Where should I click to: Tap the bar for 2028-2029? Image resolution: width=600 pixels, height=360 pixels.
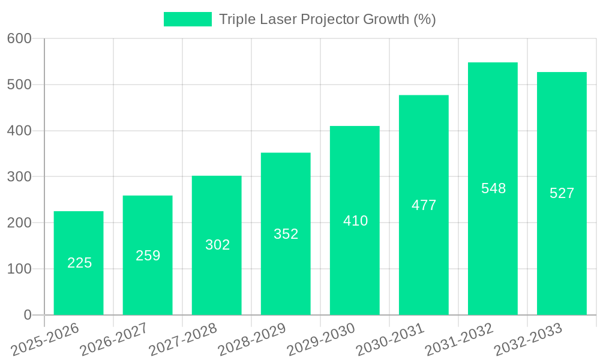point(286,234)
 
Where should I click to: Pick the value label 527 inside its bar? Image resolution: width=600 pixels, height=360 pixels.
point(562,193)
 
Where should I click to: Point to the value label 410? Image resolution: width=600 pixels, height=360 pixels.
point(355,221)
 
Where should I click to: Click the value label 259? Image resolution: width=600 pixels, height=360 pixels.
point(148,256)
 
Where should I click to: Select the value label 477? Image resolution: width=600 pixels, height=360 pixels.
point(424,205)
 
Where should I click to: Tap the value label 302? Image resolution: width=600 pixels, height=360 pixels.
point(217,245)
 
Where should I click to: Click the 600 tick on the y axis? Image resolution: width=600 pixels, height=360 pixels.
point(19,38)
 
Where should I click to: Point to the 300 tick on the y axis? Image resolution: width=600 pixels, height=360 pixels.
point(19,177)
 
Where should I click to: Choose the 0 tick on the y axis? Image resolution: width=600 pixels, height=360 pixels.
point(28,315)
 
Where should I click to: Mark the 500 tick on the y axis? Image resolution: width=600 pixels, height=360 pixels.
point(19,85)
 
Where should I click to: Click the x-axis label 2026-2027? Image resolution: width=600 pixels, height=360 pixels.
point(114,339)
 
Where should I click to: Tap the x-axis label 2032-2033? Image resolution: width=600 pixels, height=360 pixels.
point(528,339)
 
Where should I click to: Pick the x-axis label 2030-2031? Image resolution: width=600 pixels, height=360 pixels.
point(390,339)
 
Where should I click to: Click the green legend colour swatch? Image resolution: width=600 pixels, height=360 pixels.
point(188,19)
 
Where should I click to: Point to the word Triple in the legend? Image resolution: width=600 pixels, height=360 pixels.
point(236,19)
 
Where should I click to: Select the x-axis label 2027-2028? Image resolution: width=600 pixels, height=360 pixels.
point(183,339)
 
